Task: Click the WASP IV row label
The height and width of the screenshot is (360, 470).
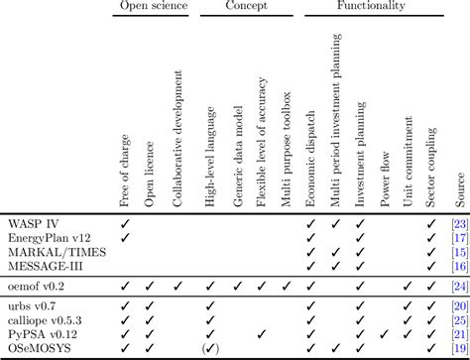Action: point(33,224)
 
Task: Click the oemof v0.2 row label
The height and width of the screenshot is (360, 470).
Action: point(38,286)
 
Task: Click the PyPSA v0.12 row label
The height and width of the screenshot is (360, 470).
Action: point(42,334)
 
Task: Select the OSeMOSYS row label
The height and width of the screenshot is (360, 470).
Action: point(38,348)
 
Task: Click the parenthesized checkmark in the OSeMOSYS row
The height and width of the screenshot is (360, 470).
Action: point(209,348)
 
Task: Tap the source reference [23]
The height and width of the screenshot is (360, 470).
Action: point(458,224)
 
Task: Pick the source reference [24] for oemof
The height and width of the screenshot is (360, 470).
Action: point(458,286)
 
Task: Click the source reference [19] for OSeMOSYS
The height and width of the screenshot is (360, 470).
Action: point(458,348)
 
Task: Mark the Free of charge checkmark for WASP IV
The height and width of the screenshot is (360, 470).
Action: point(125,224)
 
